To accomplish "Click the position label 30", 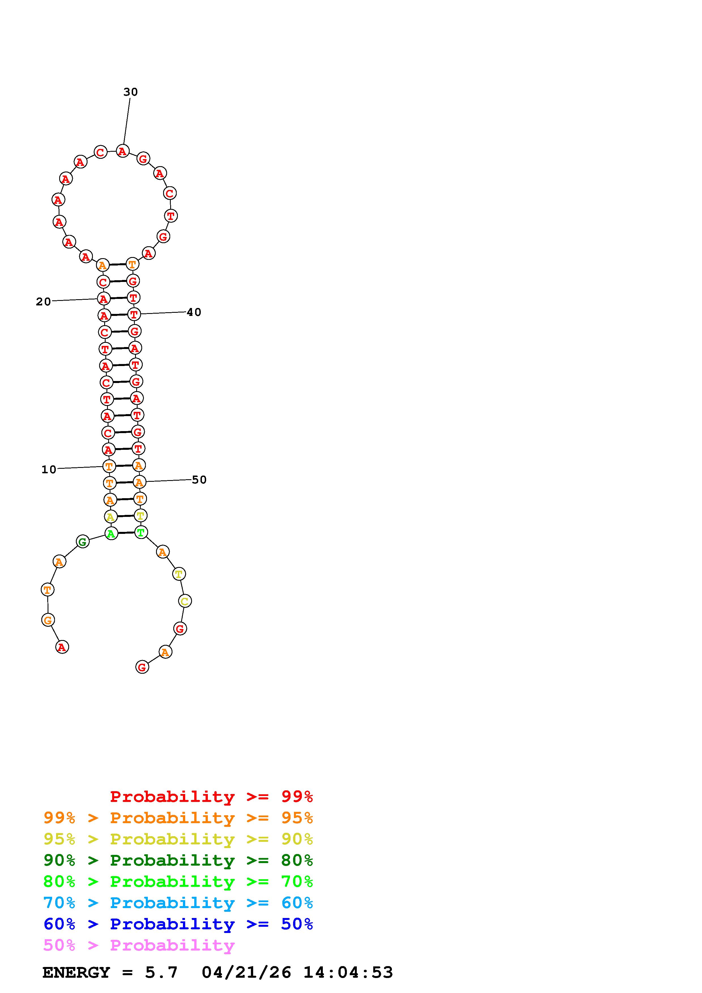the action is pyautogui.click(x=130, y=92).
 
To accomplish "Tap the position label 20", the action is pyautogui.click(x=43, y=301).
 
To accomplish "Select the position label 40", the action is pyautogui.click(x=194, y=312).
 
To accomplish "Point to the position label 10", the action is pyautogui.click(x=49, y=469).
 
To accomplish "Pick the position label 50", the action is pyautogui.click(x=199, y=480).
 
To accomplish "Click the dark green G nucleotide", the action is pyautogui.click(x=83, y=542).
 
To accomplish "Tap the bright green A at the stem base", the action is pyautogui.click(x=111, y=534).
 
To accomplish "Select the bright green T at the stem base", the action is pyautogui.click(x=140, y=532).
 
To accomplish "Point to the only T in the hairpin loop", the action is pyautogui.click(x=171, y=215).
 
